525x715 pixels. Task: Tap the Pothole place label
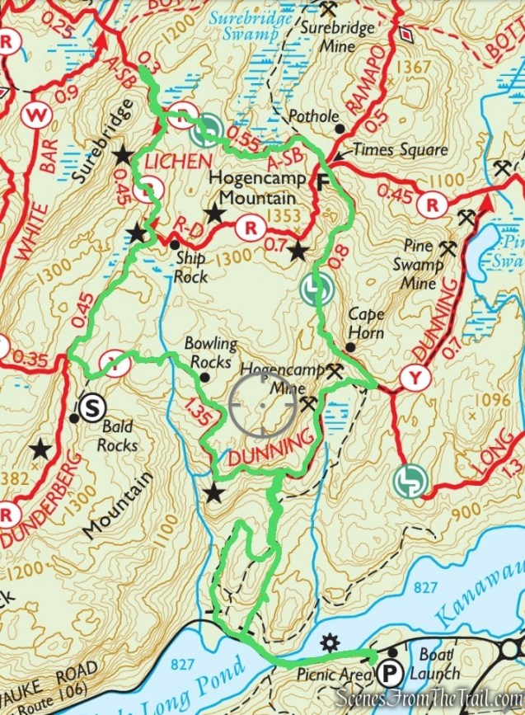[x=314, y=117]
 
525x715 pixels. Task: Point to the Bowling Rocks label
[x=210, y=352]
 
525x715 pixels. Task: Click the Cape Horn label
[x=367, y=322]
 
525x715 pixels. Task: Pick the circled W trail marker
[x=34, y=115]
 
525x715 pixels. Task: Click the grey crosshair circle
[x=262, y=407]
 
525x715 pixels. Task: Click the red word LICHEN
[x=170, y=162]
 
